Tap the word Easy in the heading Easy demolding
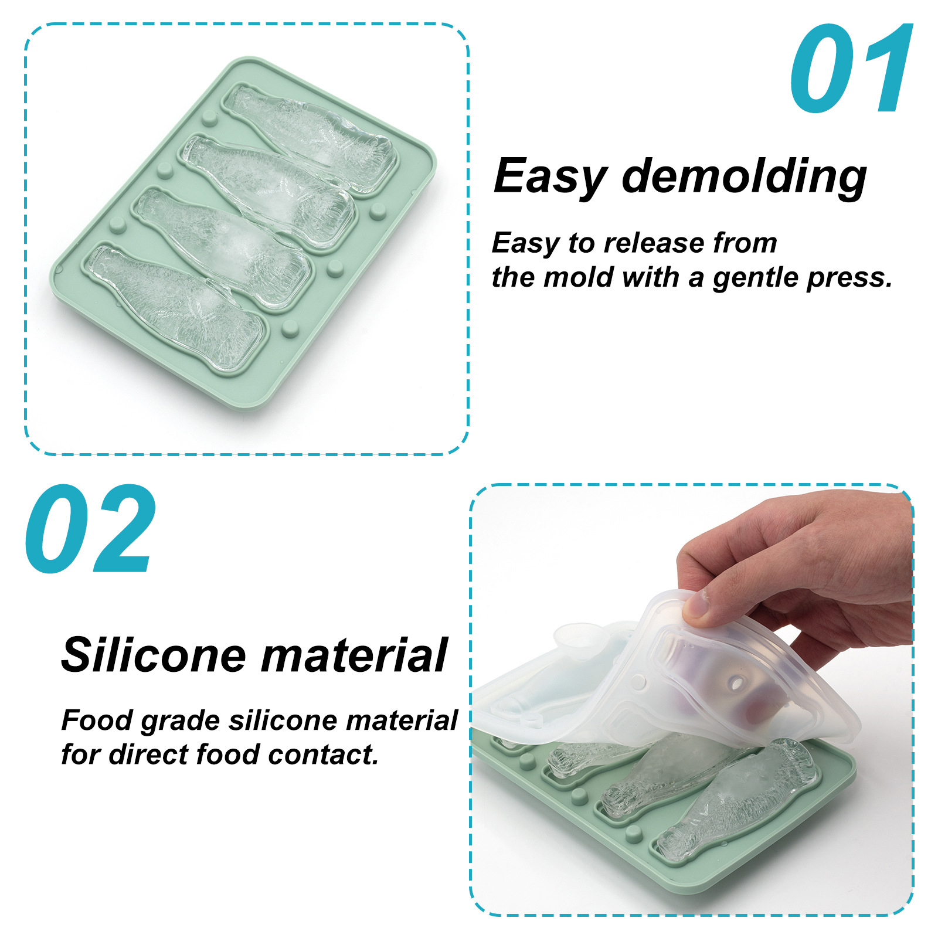[x=550, y=177]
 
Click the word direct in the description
[x=148, y=755]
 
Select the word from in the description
[x=745, y=243]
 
